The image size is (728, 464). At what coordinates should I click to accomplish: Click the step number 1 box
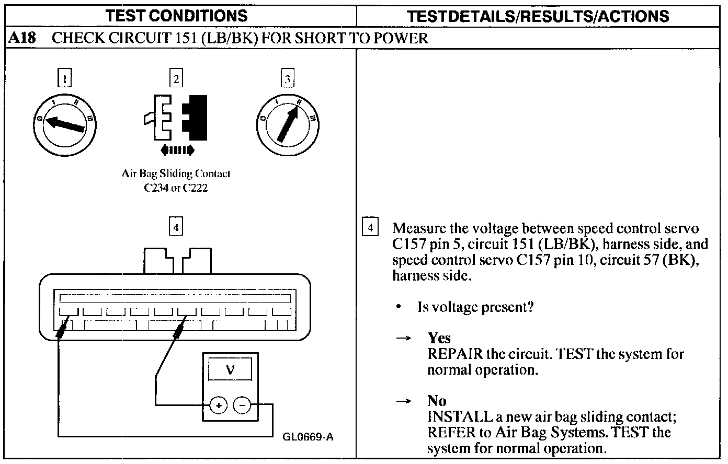coord(64,79)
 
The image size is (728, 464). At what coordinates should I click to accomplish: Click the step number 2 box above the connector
coord(176,79)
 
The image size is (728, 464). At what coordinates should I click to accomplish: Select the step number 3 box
coord(287,79)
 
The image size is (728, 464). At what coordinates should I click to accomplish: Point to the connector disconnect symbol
coord(176,118)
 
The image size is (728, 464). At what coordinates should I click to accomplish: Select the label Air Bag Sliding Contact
coord(176,174)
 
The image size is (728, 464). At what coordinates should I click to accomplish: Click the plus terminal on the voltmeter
coord(218,405)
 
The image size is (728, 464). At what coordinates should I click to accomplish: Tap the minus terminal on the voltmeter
coord(242,405)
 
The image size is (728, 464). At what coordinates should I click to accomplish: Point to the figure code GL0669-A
coord(308,437)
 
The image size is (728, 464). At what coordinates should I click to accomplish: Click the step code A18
coord(22,38)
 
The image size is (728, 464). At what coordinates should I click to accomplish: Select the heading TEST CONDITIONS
coord(176,16)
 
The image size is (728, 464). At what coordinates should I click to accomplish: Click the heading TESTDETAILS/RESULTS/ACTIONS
coord(538,16)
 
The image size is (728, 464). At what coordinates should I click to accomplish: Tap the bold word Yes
coord(439,338)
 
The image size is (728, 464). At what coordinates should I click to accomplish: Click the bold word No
coord(437,401)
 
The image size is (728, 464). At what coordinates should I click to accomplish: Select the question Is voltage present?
coord(475,307)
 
